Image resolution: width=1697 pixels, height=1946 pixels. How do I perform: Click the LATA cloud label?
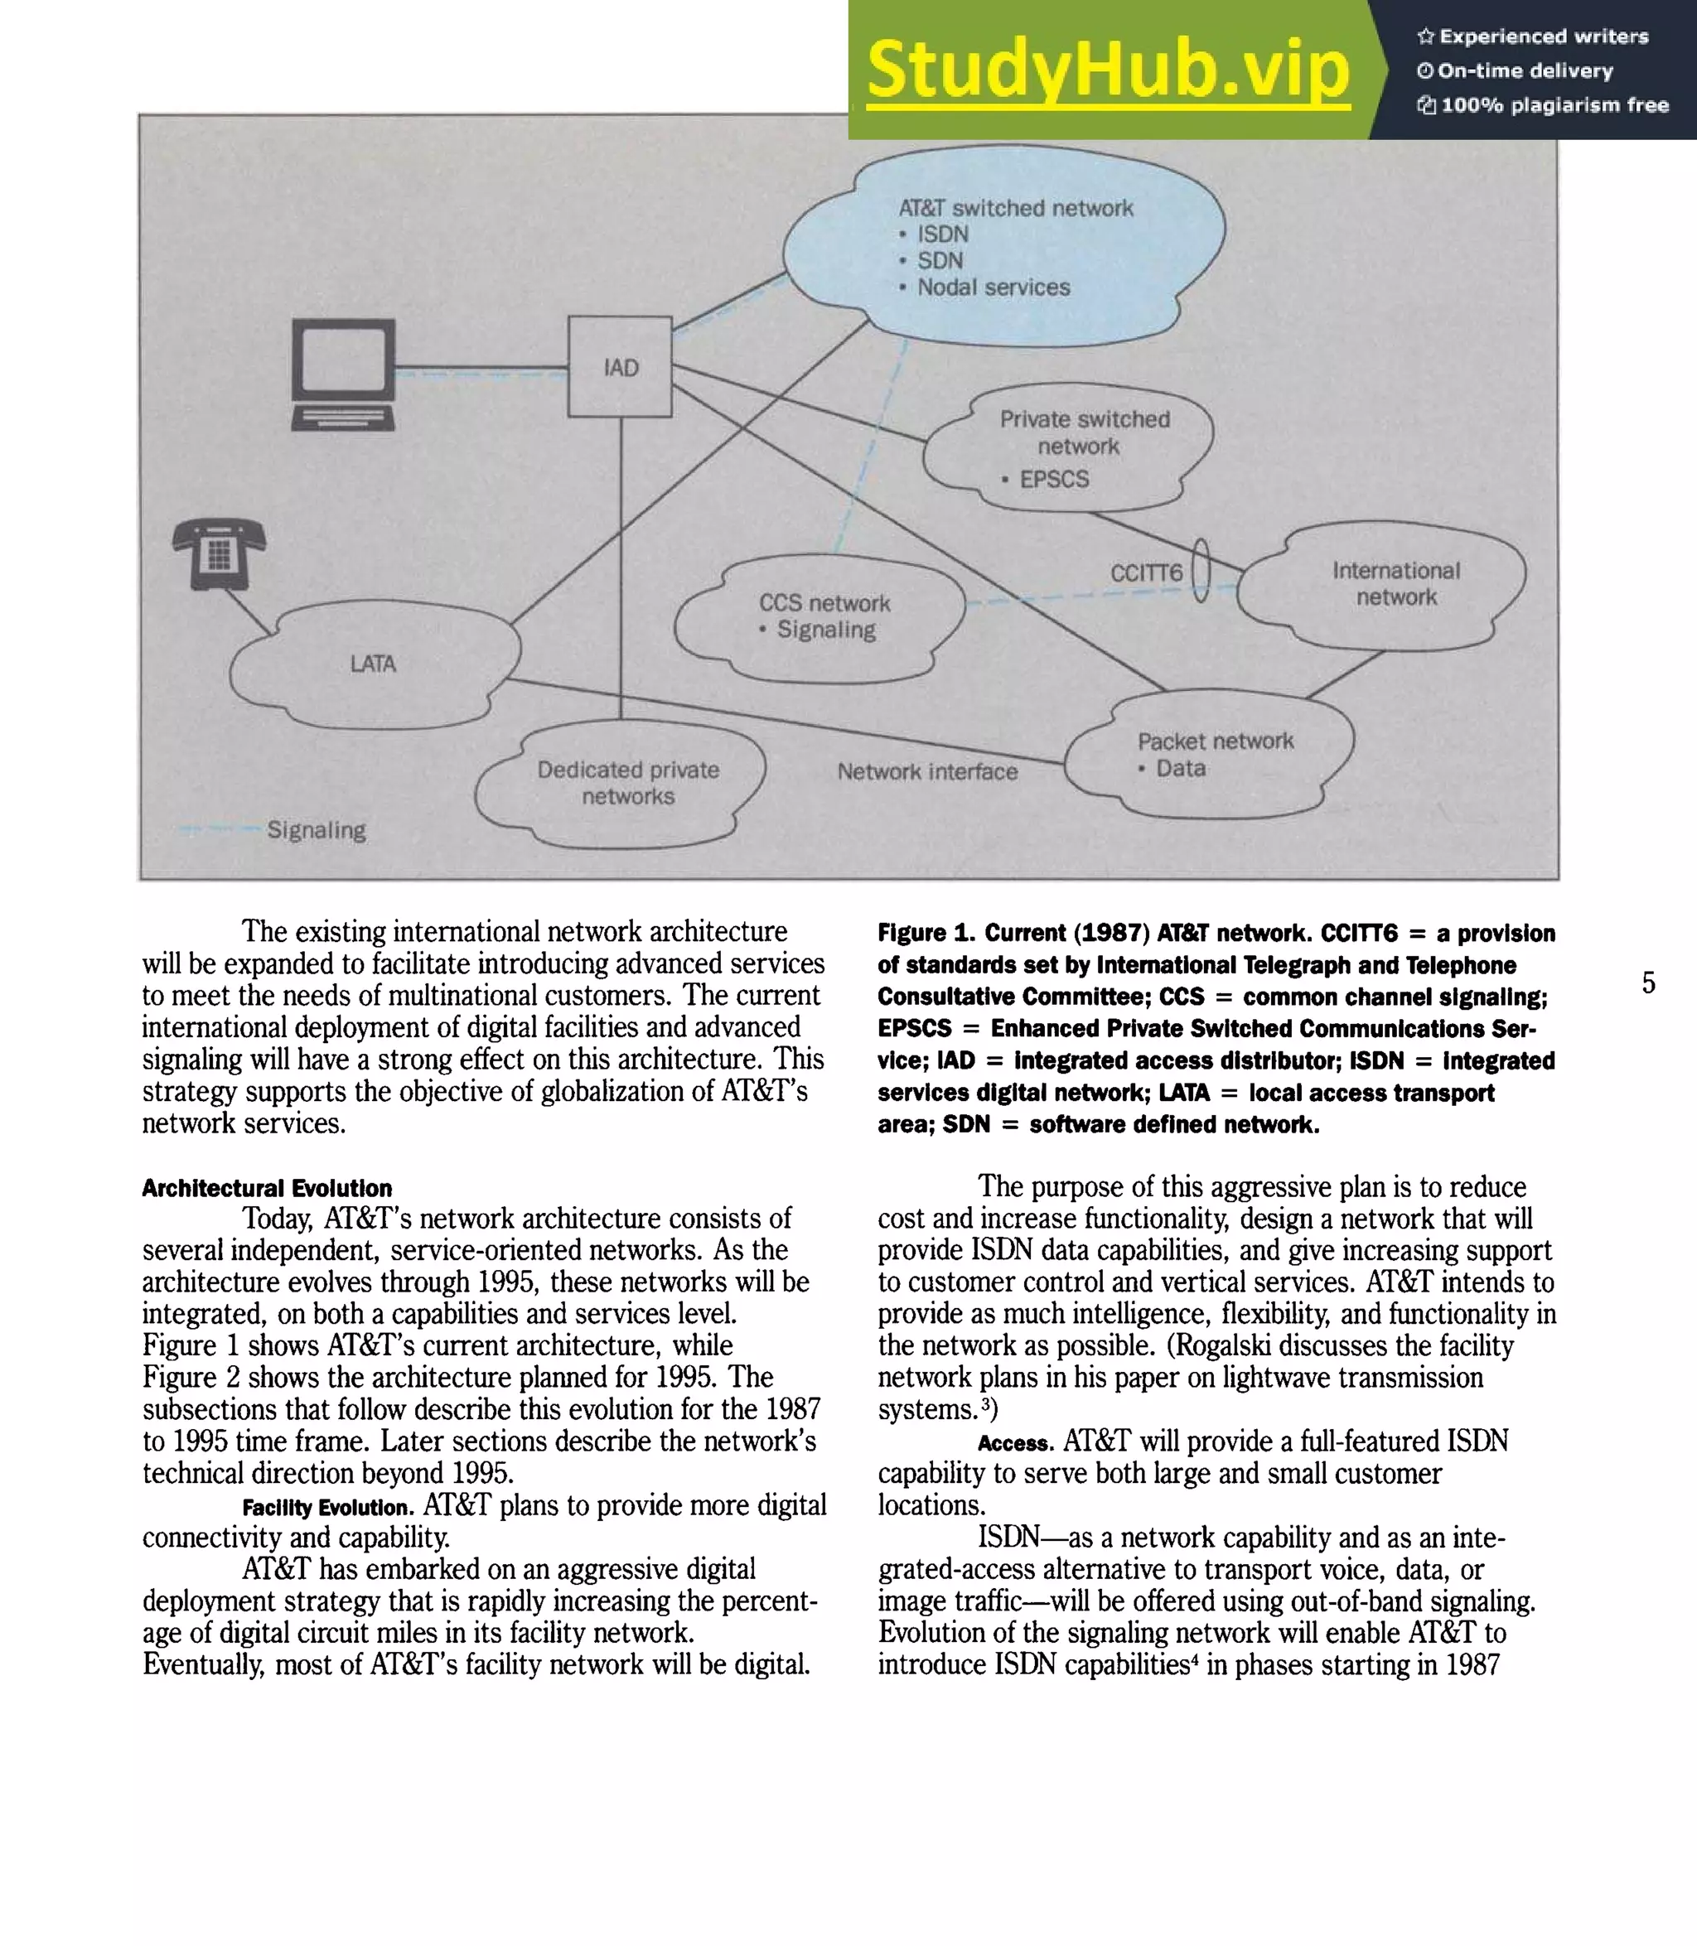coord(373,664)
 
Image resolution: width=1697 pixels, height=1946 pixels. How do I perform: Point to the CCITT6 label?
coord(1146,573)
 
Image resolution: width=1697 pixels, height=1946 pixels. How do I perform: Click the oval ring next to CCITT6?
coord(1201,569)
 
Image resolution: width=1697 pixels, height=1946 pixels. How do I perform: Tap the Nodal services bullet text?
coord(993,287)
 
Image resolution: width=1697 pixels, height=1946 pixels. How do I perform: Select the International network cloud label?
coord(1396,583)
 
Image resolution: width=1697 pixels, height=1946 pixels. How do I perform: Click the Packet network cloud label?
coord(1215,741)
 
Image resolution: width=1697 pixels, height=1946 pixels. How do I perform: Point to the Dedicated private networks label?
coord(628,782)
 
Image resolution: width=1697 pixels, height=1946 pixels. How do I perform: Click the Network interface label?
coord(927,772)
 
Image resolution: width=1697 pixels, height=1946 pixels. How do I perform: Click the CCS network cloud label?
coord(824,603)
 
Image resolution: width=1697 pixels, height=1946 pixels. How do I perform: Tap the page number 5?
coord(1649,983)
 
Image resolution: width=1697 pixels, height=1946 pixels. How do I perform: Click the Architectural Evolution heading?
coord(267,1189)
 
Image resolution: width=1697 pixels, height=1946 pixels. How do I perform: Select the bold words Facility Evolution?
coord(327,1508)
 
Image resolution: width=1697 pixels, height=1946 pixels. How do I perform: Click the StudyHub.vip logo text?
coord(1108,70)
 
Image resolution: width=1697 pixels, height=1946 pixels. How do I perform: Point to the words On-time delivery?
coord(1524,71)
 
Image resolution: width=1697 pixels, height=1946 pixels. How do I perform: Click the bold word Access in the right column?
coord(1015,1443)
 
